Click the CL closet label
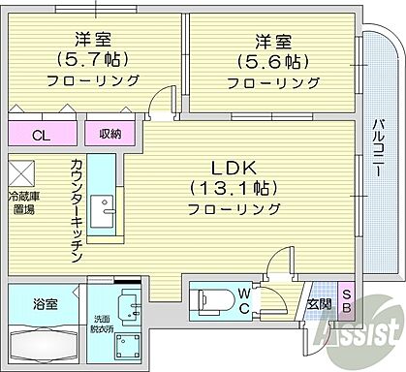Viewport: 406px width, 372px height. coord(39,134)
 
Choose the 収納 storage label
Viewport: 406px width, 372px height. coord(108,134)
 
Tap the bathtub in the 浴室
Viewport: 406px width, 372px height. coord(45,344)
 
